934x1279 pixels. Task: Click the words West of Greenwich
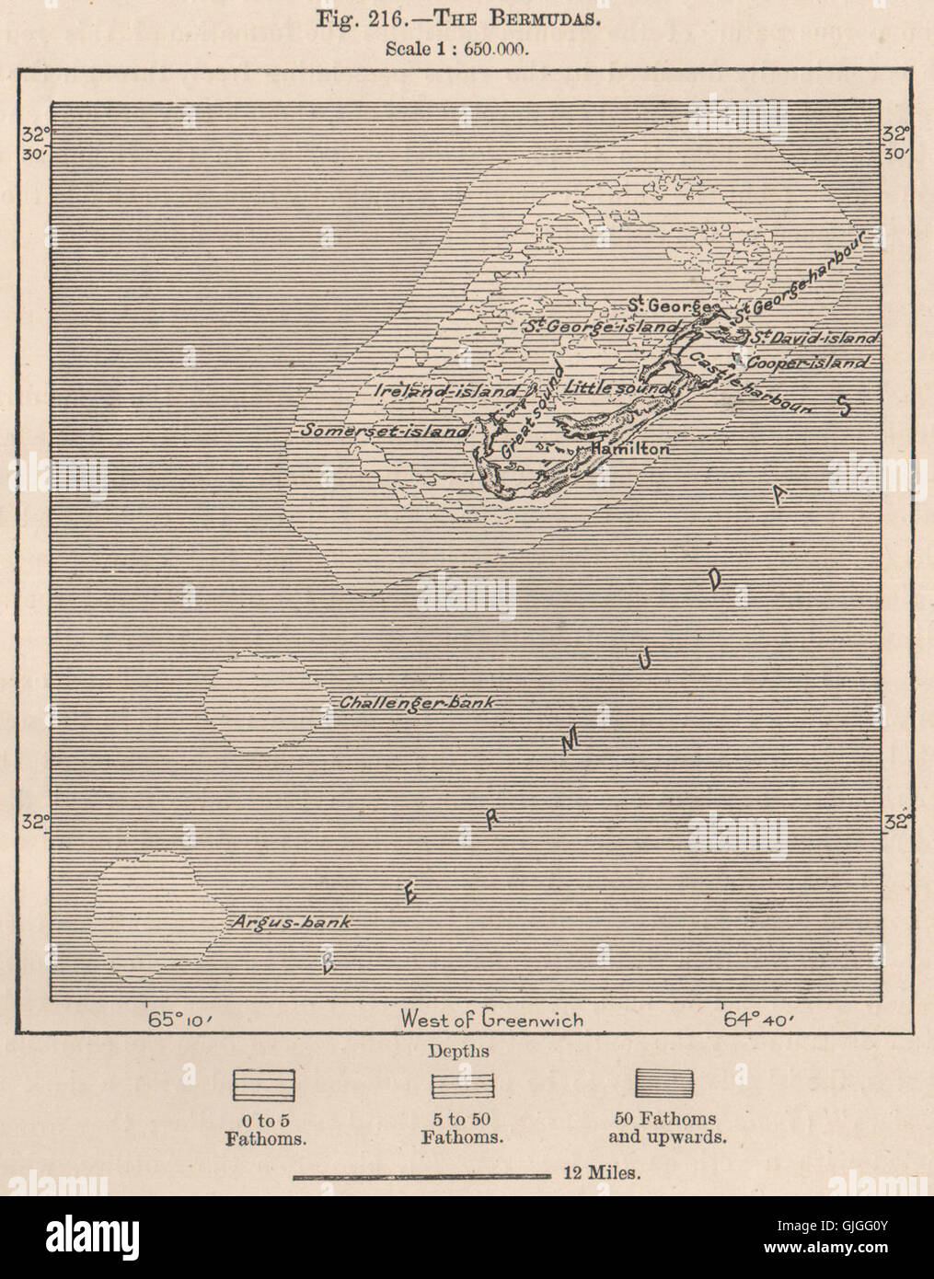point(491,1019)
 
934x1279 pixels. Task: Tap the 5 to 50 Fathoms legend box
point(463,1083)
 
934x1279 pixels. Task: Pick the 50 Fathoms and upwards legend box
point(663,1083)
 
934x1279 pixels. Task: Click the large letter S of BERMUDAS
point(841,406)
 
